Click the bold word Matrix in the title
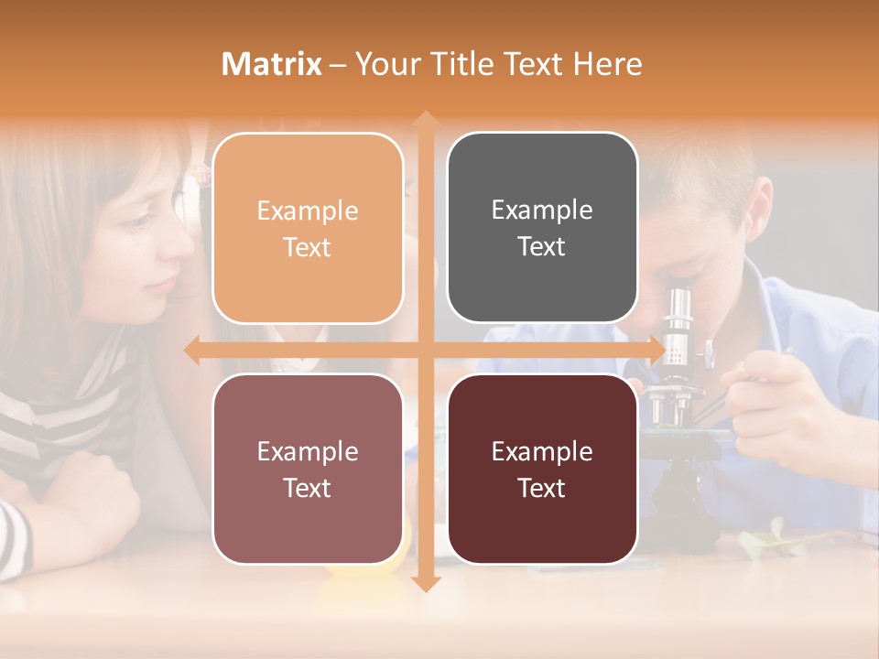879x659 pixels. [272, 64]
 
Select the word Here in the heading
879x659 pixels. [607, 64]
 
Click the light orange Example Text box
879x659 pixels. [308, 228]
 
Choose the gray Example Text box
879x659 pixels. [542, 227]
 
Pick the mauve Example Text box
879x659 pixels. [308, 469]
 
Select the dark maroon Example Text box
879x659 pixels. [542, 469]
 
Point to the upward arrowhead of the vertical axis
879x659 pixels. [424, 119]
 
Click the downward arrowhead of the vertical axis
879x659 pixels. [424, 583]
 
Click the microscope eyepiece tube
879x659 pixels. [678, 316]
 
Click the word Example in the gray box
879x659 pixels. [542, 210]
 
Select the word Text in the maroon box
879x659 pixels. [542, 488]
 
